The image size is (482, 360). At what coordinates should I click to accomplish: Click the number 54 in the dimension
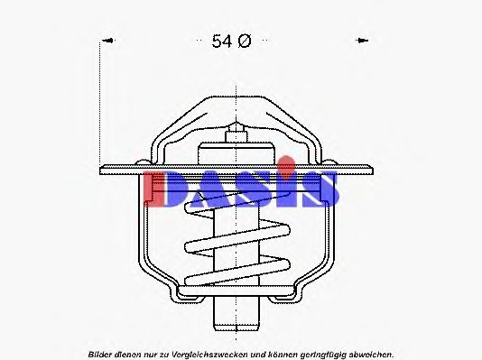tap(222, 42)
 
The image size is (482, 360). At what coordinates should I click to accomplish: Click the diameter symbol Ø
tap(245, 41)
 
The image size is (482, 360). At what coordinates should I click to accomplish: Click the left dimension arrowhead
tap(108, 41)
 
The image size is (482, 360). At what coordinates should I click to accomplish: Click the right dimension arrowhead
tap(362, 41)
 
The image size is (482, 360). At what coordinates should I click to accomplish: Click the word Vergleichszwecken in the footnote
tap(210, 355)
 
